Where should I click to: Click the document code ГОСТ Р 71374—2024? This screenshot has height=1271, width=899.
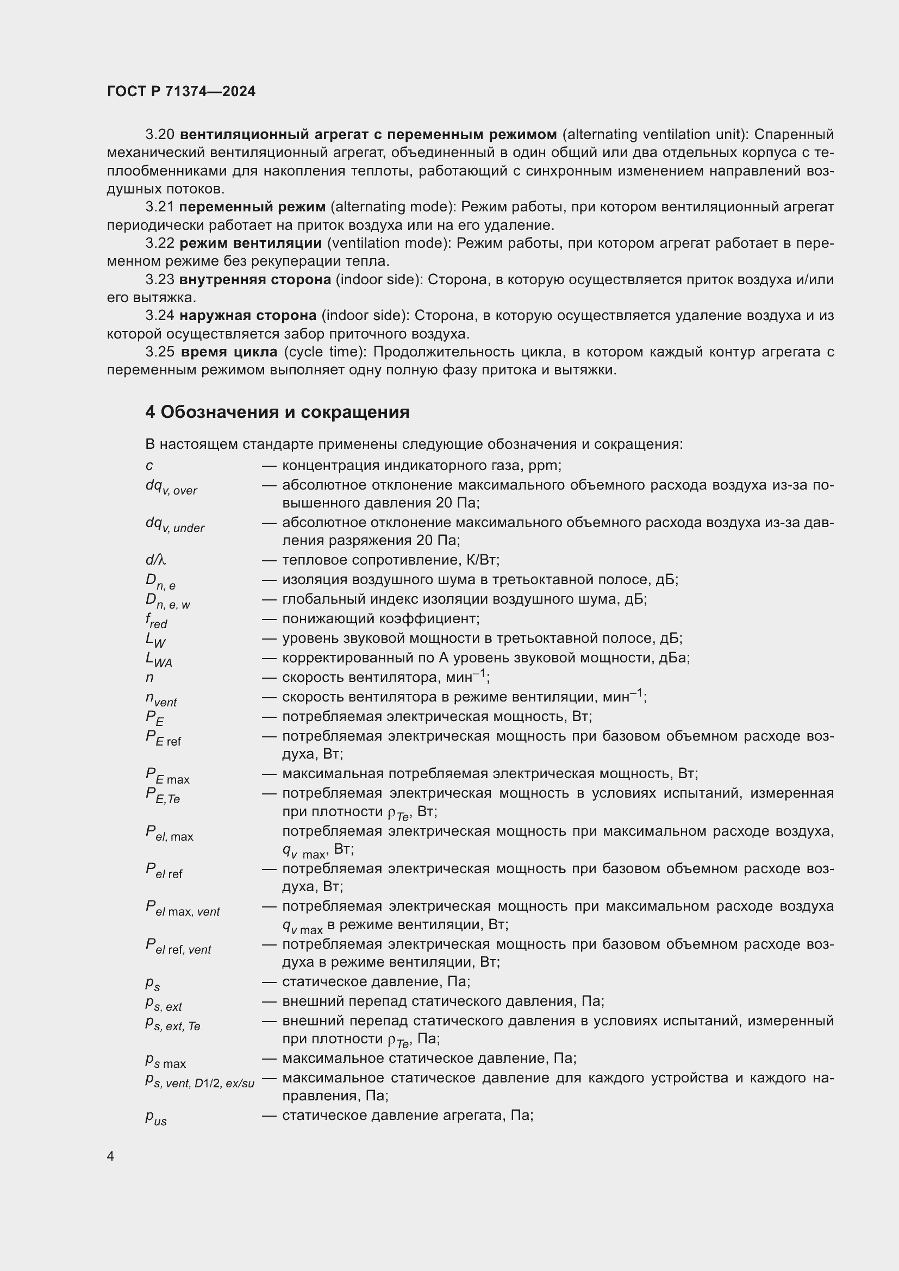click(181, 92)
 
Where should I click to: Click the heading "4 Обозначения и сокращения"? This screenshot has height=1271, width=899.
click(277, 412)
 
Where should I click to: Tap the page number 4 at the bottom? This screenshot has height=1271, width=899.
click(111, 1156)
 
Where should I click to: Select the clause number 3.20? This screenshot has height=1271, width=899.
click(160, 135)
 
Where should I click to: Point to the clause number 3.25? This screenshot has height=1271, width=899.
click(160, 352)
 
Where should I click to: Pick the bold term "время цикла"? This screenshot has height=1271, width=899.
click(229, 352)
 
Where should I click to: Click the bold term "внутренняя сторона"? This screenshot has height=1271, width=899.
click(255, 279)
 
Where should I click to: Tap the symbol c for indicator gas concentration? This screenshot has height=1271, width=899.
click(149, 466)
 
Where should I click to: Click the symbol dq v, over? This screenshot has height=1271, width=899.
click(171, 487)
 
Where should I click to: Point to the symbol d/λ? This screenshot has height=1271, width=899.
click(155, 560)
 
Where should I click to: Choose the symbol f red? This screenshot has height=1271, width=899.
click(156, 621)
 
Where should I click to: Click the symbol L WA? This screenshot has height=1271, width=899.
click(158, 660)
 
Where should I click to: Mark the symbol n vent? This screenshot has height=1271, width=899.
click(160, 700)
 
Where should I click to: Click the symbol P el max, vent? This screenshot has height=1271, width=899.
click(182, 909)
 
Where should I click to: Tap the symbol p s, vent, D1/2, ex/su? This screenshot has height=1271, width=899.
click(199, 1081)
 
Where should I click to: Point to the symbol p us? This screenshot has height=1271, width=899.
click(155, 1118)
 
